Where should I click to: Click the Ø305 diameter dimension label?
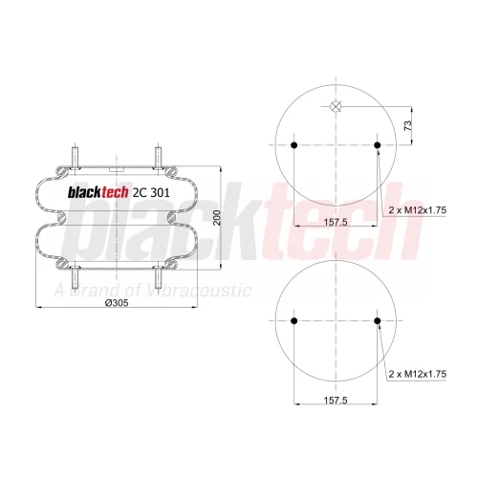117,303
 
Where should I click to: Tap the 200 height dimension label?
217,218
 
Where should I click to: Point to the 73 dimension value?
408,125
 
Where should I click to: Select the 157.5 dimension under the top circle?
336,222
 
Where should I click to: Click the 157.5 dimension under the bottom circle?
336,400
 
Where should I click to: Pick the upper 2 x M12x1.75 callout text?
418,210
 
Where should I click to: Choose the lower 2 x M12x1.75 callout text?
418,374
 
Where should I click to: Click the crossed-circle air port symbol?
336,106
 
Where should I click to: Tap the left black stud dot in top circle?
294,145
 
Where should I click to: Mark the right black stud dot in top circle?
378,145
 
